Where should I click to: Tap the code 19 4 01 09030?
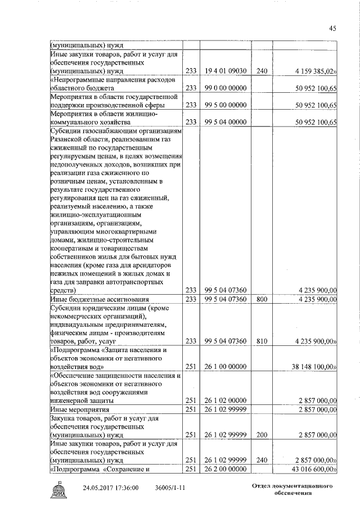223,71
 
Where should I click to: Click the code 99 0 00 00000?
223,88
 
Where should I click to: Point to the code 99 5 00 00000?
223,105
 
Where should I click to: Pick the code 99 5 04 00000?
223,122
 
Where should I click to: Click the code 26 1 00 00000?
223,367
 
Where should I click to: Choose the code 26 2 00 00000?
223,468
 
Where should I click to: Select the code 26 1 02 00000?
223,400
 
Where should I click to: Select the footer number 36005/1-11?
171,487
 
